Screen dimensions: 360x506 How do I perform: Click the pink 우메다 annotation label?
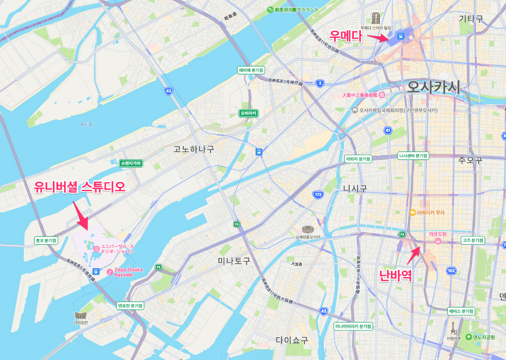[346, 35]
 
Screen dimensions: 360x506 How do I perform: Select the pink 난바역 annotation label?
[395, 275]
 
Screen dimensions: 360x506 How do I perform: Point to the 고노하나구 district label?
[194, 149]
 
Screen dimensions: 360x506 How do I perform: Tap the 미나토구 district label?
[234, 261]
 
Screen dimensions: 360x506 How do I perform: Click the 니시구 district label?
[355, 189]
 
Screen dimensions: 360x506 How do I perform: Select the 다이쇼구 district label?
[292, 340]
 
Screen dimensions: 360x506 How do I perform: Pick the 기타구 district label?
[471, 19]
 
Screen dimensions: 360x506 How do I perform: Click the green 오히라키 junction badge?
[248, 113]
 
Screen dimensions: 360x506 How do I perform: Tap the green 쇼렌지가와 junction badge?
[131, 163]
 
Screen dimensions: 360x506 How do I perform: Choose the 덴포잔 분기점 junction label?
[130, 306]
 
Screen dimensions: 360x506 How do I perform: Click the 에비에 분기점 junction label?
[251, 70]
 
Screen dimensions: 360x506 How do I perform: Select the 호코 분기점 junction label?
[46, 241]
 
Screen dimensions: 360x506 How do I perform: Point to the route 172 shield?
[318, 195]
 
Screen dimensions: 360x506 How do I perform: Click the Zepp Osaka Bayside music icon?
[110, 272]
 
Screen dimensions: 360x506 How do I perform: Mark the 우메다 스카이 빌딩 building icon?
[375, 18]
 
